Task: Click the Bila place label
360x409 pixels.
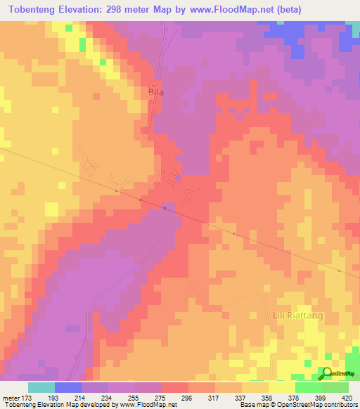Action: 156,91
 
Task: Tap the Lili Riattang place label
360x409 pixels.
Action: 297,316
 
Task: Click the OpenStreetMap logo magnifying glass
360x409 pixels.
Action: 326,372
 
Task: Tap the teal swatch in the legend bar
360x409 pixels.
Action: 41,387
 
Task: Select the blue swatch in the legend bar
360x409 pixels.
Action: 68,387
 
